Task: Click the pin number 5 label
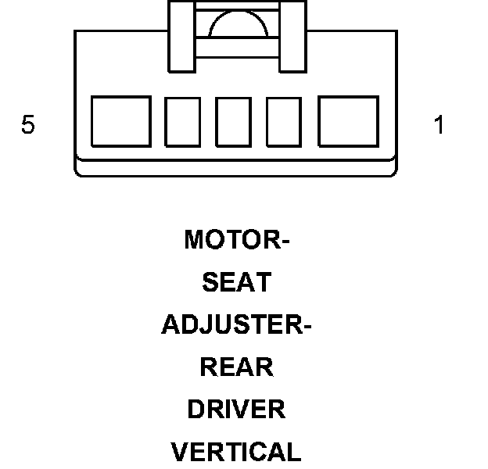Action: click(x=28, y=125)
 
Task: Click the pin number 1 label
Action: click(x=439, y=125)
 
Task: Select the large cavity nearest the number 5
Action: click(x=120, y=121)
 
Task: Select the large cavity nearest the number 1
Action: click(x=348, y=121)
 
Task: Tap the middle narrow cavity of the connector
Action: click(x=233, y=121)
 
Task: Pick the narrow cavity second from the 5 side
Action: click(x=182, y=121)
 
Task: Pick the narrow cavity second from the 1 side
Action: click(x=284, y=121)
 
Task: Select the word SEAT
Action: click(x=236, y=282)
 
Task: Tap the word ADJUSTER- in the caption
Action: click(x=236, y=324)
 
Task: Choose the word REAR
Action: click(x=236, y=367)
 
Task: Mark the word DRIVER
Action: click(x=236, y=409)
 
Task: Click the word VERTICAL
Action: click(x=236, y=452)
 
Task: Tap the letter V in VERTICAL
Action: click(x=178, y=452)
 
